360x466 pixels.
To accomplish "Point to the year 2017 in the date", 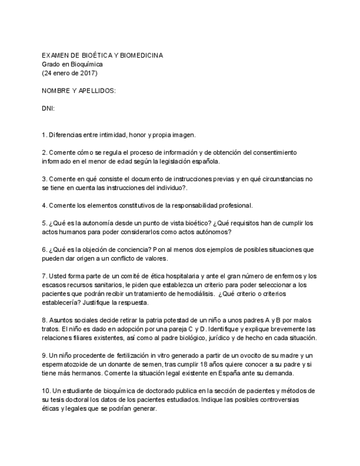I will pyautogui.click(x=90, y=73).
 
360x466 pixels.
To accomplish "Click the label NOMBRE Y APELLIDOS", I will pyautogui.click(x=79, y=90).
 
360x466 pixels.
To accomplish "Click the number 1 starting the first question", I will pyautogui.click(x=44, y=135).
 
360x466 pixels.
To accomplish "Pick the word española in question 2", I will pyautogui.click(x=204, y=162).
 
